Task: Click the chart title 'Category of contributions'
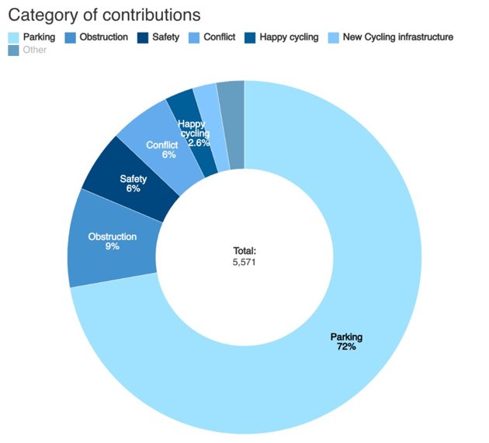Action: click(x=104, y=15)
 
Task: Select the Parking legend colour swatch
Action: click(x=13, y=37)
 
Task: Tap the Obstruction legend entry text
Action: click(x=104, y=37)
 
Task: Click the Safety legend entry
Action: click(x=166, y=37)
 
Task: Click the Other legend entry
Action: click(x=35, y=50)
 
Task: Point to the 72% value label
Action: click(x=346, y=347)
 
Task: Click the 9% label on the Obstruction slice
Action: click(x=113, y=246)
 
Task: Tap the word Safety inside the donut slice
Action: click(x=133, y=179)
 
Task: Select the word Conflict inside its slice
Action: click(x=162, y=145)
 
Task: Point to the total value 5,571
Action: click(x=244, y=262)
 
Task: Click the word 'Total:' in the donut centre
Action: click(x=244, y=251)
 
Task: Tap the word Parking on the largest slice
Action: click(x=346, y=337)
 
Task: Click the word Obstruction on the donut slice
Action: click(x=113, y=236)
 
